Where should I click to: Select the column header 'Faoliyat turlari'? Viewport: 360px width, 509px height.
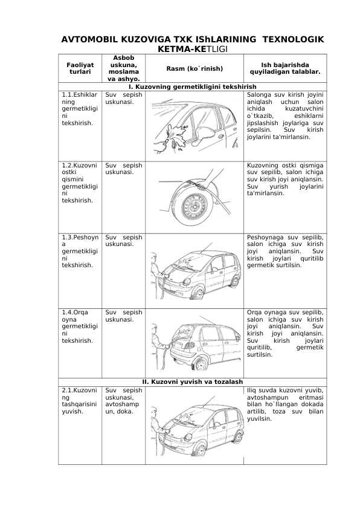[x=80, y=68]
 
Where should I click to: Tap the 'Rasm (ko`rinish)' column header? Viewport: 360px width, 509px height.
[x=194, y=68]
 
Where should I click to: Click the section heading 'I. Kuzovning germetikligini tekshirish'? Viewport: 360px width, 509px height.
[x=192, y=86]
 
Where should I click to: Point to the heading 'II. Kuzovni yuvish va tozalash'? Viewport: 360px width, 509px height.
[x=192, y=382]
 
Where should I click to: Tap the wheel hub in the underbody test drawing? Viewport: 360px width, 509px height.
[x=194, y=206]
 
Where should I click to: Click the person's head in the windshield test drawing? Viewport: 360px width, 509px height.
[x=155, y=258]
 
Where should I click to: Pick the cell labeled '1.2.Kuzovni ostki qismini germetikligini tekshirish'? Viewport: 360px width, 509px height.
[x=80, y=183]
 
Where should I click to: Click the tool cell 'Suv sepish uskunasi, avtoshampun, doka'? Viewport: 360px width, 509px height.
[x=123, y=401]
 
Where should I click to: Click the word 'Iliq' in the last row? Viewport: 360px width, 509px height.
[x=251, y=390]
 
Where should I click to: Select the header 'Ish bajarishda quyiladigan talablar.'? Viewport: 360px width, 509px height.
[x=284, y=68]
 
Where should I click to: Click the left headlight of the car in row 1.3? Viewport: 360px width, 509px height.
[x=187, y=282]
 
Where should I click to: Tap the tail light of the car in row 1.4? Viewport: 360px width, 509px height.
[x=188, y=345]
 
